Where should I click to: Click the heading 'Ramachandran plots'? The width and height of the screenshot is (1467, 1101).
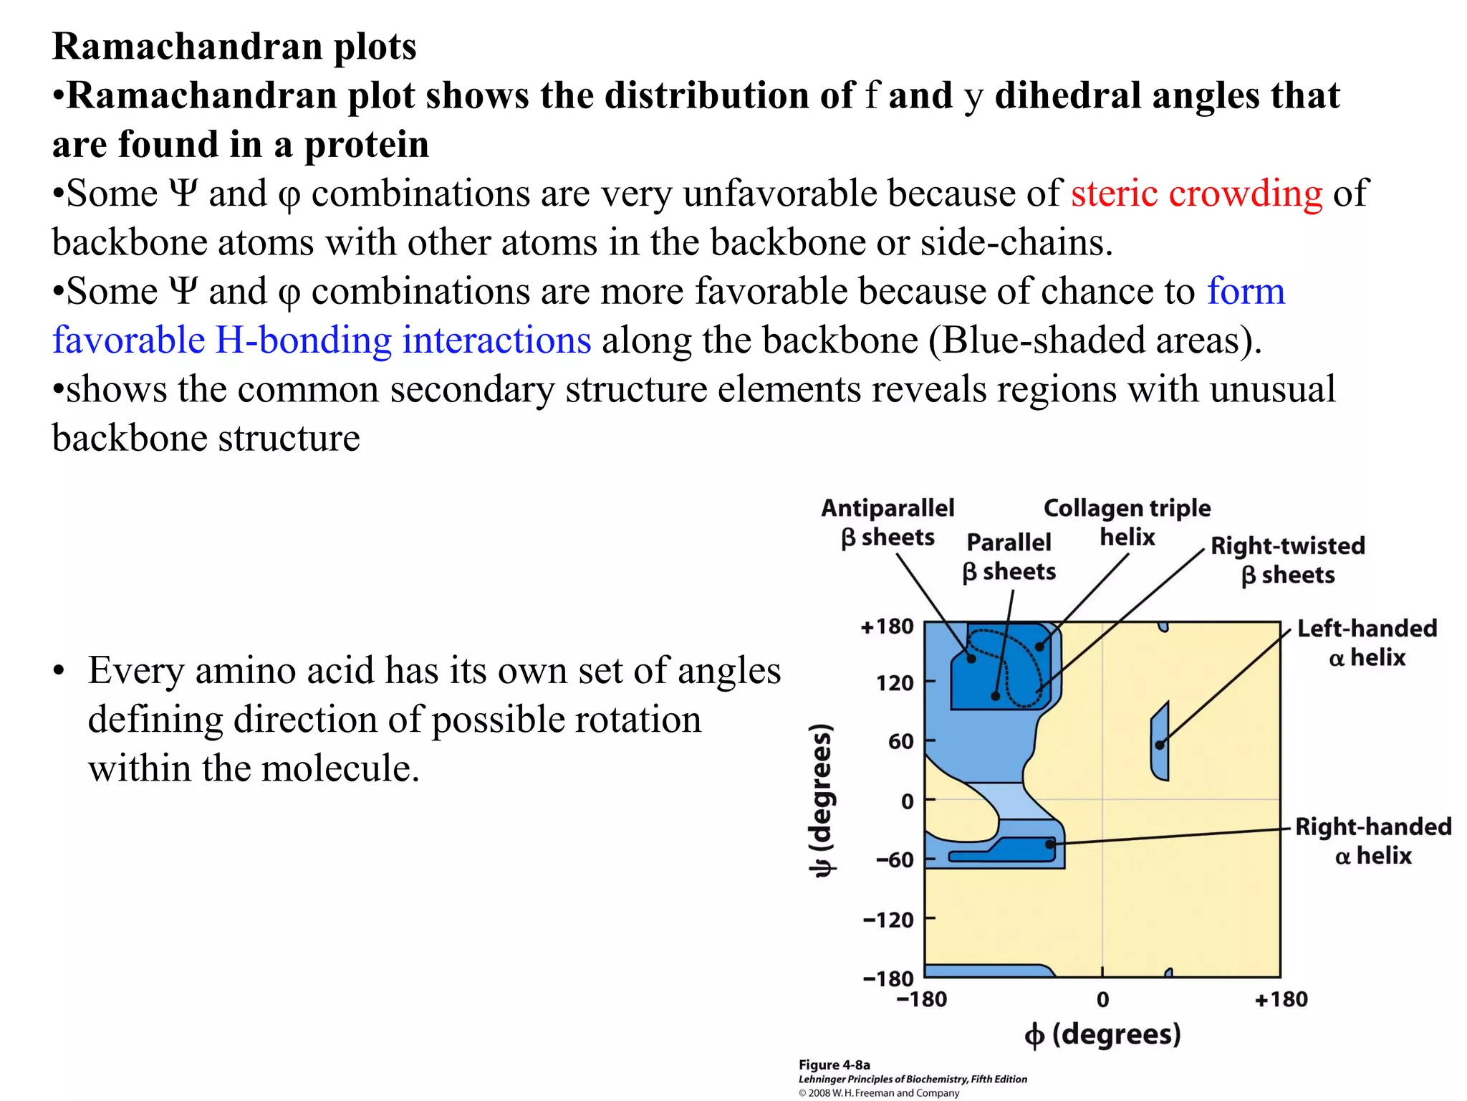[234, 47]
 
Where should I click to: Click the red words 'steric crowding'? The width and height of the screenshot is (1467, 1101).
[1196, 194]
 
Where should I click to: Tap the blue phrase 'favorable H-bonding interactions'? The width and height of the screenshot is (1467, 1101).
[322, 340]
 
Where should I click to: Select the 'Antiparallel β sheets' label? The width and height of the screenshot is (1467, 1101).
[888, 523]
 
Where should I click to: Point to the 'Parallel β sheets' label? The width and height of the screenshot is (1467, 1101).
[1009, 557]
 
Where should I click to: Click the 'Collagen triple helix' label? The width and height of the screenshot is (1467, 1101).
[1127, 523]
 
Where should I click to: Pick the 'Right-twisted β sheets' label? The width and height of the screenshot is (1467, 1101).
[1287, 560]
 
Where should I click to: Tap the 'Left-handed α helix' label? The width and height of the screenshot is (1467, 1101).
[1367, 643]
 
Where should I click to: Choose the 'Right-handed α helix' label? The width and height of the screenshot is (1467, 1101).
[1372, 841]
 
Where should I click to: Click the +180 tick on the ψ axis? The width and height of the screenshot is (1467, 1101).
[887, 626]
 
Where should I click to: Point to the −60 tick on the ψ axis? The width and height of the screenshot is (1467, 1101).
[895, 859]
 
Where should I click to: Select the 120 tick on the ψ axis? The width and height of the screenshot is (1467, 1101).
[895, 682]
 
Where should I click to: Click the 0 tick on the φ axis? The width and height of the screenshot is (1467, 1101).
[1102, 999]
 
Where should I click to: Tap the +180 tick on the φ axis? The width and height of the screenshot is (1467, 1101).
[1281, 999]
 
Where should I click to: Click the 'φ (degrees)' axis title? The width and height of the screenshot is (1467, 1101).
[1102, 1034]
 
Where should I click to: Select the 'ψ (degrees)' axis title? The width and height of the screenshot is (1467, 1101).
[822, 800]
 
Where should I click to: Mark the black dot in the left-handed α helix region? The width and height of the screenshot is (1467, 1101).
[1160, 745]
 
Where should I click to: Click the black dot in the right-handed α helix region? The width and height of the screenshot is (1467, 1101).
[1049, 844]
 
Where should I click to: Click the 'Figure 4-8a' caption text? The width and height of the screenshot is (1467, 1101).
[834, 1064]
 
